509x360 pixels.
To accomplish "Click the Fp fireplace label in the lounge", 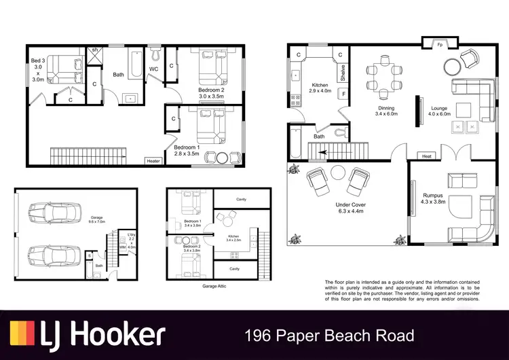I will [440, 46].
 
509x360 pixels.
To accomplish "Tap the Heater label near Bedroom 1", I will [153, 161].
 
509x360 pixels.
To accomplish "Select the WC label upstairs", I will [154, 69].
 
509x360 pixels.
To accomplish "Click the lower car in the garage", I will [47, 257].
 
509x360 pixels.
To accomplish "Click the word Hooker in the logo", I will [114, 334].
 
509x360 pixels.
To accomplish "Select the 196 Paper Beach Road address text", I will [329, 335].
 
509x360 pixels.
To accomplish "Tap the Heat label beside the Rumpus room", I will [426, 156].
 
